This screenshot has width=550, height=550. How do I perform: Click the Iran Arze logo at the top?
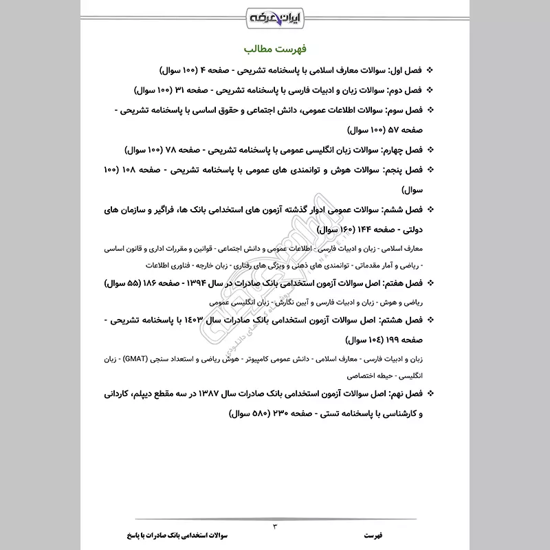pos(275,16)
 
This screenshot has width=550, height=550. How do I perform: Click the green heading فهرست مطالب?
pos(275,50)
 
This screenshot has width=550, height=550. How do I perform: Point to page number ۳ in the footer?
pos(275,527)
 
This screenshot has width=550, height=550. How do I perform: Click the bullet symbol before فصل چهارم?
pos(430,149)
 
